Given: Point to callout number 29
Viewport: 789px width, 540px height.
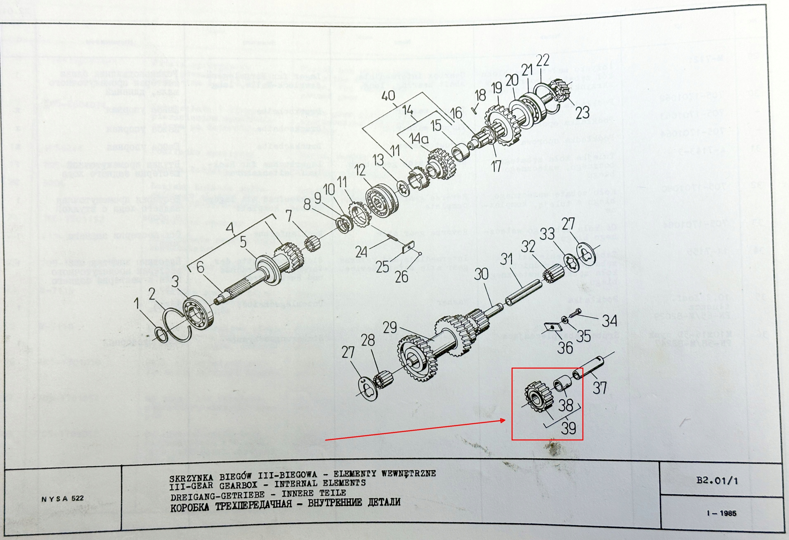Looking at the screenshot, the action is [x=390, y=328].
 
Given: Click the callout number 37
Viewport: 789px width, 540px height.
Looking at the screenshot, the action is [x=599, y=388].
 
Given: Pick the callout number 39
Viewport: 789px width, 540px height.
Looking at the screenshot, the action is [x=568, y=427].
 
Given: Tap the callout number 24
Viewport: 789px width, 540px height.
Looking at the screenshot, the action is [x=361, y=252].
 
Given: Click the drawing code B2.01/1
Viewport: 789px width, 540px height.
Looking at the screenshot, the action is [x=717, y=480].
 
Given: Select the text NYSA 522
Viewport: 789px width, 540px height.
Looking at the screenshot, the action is [x=63, y=499].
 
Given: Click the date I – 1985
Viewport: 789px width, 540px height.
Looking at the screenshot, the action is [x=722, y=513].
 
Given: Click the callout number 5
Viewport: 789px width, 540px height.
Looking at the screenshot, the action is [x=243, y=242].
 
